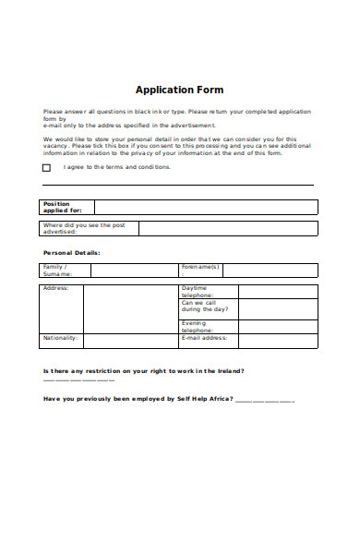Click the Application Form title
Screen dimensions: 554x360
click(x=179, y=90)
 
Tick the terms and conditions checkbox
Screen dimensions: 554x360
click(x=46, y=168)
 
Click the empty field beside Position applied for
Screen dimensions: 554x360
click(x=206, y=207)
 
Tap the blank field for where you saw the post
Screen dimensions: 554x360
click(x=228, y=229)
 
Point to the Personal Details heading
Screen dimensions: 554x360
click(x=72, y=252)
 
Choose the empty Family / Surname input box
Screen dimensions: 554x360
click(x=134, y=271)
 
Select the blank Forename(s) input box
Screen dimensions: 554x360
click(x=270, y=271)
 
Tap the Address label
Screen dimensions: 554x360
click(x=55, y=288)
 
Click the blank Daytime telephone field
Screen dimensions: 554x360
click(x=278, y=291)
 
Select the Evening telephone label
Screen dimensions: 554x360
click(x=196, y=326)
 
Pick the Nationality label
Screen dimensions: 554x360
click(x=61, y=338)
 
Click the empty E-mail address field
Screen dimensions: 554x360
click(x=278, y=341)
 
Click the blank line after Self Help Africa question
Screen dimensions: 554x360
click(x=265, y=402)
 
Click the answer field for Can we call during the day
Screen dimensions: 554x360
click(x=278, y=308)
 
